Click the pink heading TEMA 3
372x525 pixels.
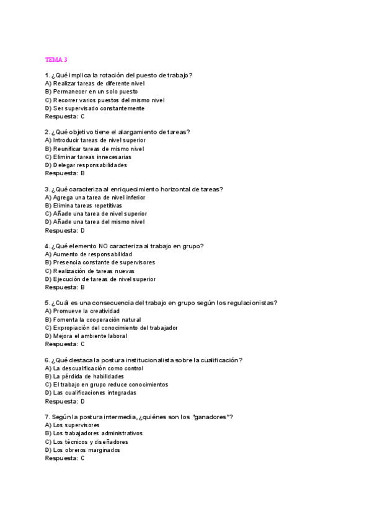click(x=56, y=59)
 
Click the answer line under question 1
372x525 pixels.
click(x=64, y=116)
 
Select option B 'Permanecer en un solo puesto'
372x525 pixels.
click(x=91, y=92)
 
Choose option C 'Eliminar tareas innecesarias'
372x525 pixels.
click(x=88, y=157)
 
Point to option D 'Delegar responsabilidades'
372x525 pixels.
click(x=86, y=165)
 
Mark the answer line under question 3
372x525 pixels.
click(x=64, y=230)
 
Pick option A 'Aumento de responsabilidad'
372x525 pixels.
click(x=89, y=254)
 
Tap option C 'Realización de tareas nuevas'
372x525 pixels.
click(x=90, y=271)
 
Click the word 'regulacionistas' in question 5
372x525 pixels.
click(x=250, y=303)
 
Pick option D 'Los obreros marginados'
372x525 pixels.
click(x=83, y=450)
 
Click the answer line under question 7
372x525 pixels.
click(x=64, y=458)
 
